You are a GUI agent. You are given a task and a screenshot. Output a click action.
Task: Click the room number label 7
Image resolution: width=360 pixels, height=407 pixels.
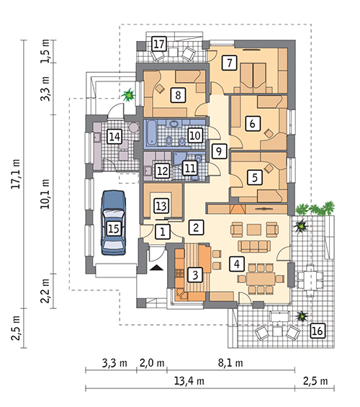pos(229,63)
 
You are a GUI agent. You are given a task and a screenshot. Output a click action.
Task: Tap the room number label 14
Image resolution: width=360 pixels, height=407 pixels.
pos(114,136)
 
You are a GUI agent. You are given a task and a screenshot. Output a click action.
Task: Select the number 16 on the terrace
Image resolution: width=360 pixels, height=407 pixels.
pos(318,331)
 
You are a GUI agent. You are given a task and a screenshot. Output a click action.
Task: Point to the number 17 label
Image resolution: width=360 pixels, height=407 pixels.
pos(158,44)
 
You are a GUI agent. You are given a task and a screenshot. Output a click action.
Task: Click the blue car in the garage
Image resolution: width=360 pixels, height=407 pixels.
pos(114,223)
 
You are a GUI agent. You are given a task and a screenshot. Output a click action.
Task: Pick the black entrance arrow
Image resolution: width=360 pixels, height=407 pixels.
pos(156,268)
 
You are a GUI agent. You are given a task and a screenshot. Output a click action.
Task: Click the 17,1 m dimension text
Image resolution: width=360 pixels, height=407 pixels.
pos(16,174)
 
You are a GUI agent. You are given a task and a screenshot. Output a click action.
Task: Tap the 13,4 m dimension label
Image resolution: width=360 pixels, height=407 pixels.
pos(189,381)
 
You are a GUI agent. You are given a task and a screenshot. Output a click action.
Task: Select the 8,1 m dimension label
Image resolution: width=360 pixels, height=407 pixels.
pos(230,363)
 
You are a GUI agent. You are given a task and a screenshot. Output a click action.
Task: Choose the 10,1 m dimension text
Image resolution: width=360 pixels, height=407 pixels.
pos(45,194)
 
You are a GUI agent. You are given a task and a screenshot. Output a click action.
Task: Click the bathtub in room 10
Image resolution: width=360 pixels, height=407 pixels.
pos(151,133)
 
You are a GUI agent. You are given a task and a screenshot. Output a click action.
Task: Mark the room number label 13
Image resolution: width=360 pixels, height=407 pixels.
pos(161,206)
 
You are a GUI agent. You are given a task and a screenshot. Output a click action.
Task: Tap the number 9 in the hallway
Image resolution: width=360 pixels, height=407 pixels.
pos(219,151)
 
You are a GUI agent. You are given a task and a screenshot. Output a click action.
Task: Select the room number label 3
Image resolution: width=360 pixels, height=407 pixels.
pos(195,275)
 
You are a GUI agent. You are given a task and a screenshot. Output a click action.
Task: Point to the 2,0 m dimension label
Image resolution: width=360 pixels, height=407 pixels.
pos(152,363)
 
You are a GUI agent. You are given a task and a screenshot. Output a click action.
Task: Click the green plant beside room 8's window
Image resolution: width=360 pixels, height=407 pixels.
pos(128,95)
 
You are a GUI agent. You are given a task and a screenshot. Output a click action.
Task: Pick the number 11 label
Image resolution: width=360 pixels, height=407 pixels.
pos(190,168)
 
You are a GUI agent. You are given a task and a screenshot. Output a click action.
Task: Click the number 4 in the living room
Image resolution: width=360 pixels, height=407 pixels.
pos(237,264)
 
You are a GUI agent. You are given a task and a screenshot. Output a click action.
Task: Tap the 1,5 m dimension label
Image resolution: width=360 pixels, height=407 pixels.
pos(45,51)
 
